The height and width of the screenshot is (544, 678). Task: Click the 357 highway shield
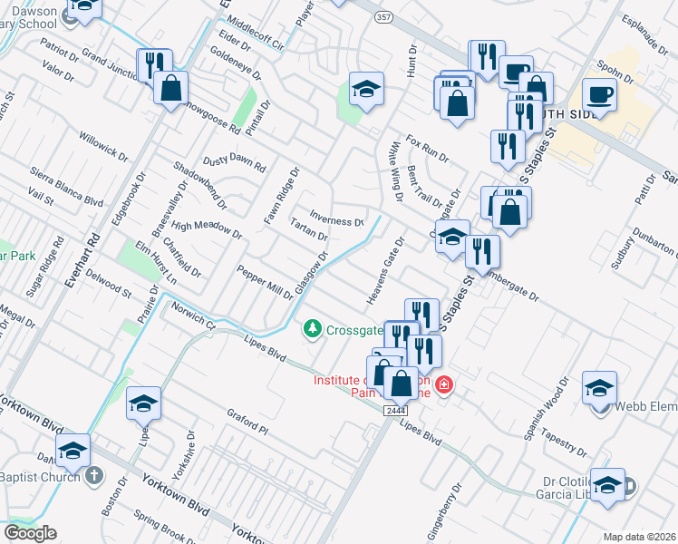(384, 18)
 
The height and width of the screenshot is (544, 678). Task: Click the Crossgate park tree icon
(313, 328)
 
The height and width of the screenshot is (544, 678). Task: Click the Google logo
(30, 533)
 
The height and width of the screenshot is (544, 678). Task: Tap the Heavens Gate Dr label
(385, 269)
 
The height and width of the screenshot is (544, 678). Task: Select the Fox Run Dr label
(428, 149)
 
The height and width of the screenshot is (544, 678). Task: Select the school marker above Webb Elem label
(599, 388)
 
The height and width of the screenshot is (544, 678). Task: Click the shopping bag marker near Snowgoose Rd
(170, 88)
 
